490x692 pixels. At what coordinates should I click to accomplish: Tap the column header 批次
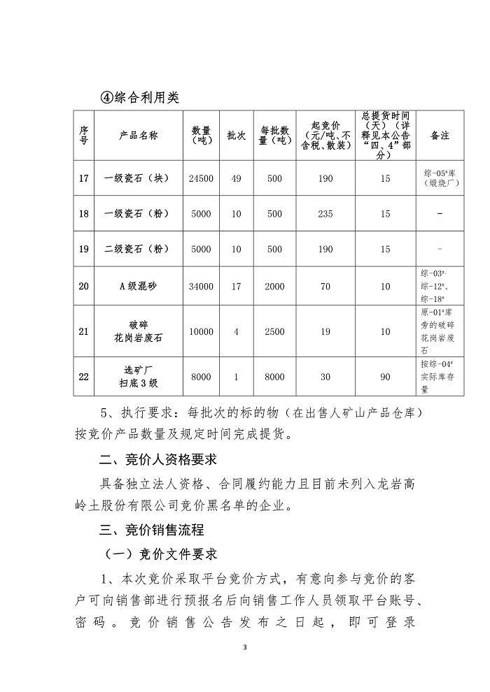(236, 136)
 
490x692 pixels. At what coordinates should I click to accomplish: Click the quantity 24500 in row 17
(201, 179)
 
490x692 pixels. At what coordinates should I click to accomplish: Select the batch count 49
(236, 179)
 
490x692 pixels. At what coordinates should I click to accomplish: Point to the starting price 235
(325, 214)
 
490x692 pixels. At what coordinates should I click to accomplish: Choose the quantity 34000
(201, 285)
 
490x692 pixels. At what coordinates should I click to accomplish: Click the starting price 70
(325, 285)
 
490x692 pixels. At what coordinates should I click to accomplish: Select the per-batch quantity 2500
(274, 331)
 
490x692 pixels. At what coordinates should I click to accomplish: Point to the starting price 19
(325, 331)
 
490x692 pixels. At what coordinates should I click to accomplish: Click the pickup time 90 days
(385, 377)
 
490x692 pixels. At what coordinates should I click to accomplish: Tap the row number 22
(83, 377)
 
